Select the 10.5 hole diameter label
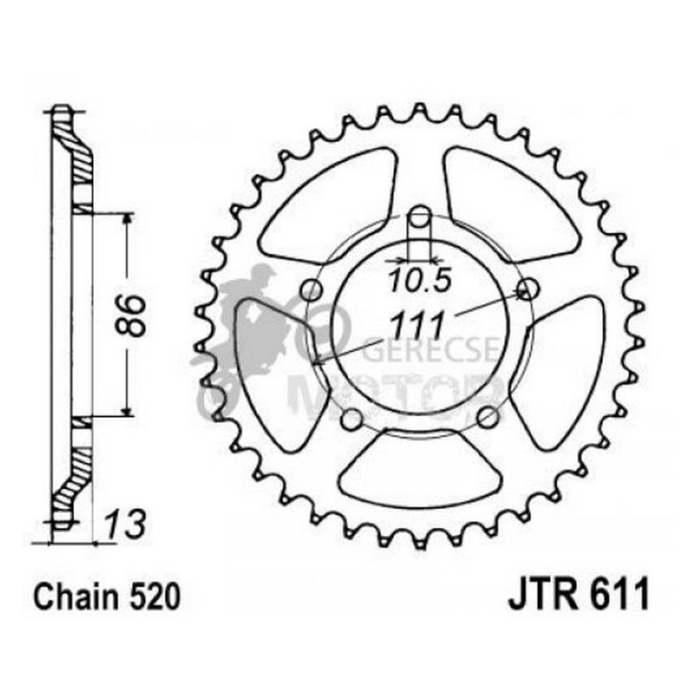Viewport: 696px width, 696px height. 419,280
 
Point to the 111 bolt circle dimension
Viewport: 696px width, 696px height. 416,323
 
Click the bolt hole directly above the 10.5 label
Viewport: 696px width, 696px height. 419,218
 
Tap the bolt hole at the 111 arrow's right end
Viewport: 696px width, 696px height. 526,289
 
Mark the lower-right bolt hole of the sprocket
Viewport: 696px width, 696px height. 487,417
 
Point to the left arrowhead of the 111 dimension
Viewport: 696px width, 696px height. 316,361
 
